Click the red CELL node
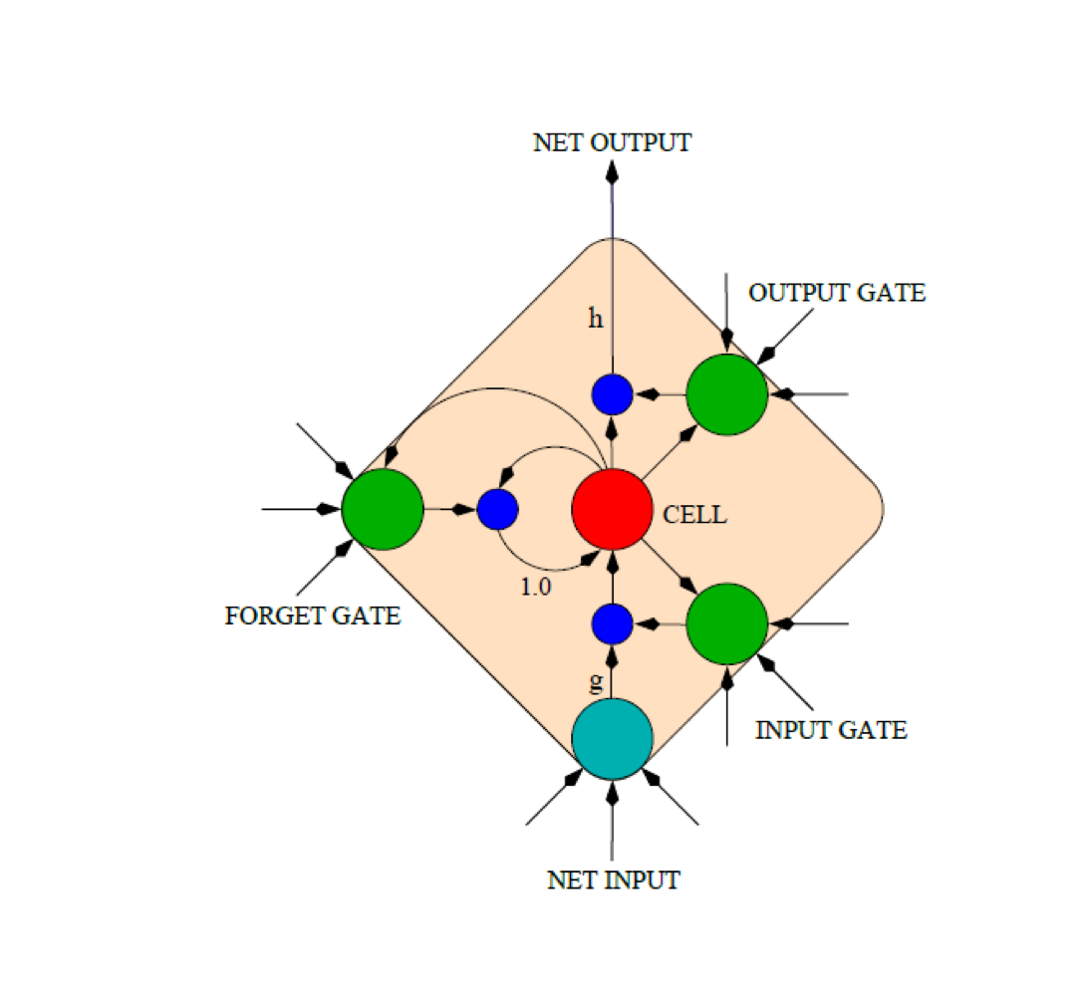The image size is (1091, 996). click(x=612, y=509)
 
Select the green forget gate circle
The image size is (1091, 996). click(x=383, y=509)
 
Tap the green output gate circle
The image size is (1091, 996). click(x=727, y=394)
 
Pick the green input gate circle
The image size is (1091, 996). click(x=727, y=624)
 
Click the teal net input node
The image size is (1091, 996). click(x=612, y=739)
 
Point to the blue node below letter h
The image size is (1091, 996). click(x=612, y=394)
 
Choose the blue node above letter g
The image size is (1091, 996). click(x=612, y=624)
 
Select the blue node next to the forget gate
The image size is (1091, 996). click(x=497, y=509)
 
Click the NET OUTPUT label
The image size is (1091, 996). click(x=612, y=142)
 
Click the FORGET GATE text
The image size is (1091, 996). click(x=313, y=617)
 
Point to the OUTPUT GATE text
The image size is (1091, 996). click(x=837, y=293)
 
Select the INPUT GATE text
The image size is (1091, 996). click(x=831, y=730)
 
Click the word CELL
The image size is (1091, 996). click(x=694, y=516)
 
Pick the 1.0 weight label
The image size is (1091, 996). click(x=535, y=588)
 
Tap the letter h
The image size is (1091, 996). click(x=596, y=320)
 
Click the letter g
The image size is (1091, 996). click(x=596, y=684)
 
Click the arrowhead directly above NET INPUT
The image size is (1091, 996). click(x=612, y=793)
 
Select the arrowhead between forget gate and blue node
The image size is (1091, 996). click(x=460, y=509)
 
